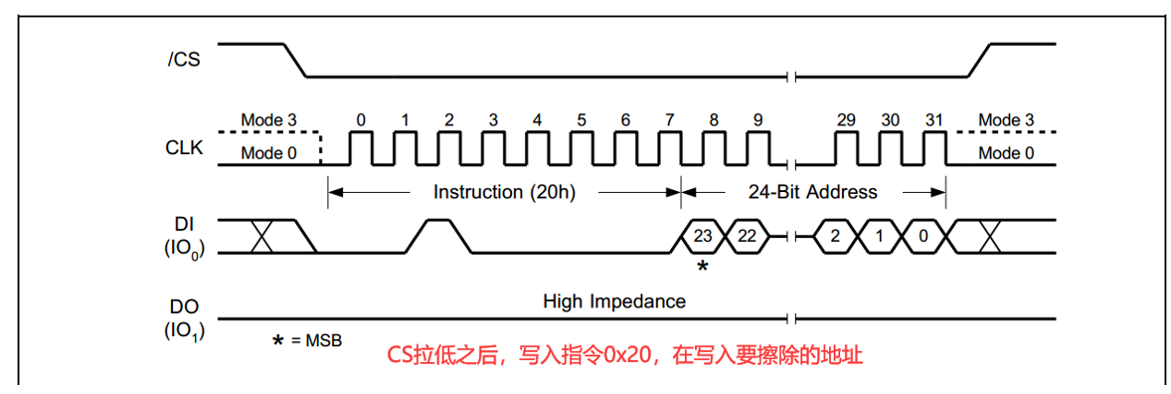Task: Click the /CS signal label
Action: (x=183, y=60)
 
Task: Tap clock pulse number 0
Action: (x=361, y=147)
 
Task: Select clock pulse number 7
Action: (x=669, y=147)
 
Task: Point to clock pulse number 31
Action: (x=933, y=147)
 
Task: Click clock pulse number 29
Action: (x=846, y=147)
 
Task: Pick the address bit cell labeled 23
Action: (x=703, y=237)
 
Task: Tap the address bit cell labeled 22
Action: (x=748, y=237)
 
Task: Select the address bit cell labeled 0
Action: (x=923, y=237)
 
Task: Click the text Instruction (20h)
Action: (x=504, y=191)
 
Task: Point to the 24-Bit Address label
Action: (x=813, y=191)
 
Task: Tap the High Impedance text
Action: (x=614, y=300)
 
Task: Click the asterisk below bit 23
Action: (x=703, y=267)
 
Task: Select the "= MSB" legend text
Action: (x=316, y=340)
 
